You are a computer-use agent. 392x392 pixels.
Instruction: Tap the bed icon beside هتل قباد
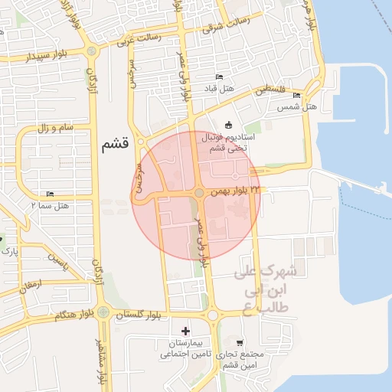pyautogui.click(x=220, y=77)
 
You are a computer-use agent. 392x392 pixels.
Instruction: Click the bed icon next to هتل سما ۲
pyautogui.click(x=51, y=194)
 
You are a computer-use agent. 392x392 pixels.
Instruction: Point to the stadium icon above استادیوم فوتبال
pyautogui.click(x=227, y=125)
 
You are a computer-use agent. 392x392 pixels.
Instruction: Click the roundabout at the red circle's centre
pyautogui.click(x=198, y=194)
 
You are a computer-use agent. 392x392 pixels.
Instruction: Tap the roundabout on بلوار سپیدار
pyautogui.click(x=93, y=52)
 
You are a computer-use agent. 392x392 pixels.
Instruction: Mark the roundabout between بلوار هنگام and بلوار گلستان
pyautogui.click(x=103, y=312)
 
